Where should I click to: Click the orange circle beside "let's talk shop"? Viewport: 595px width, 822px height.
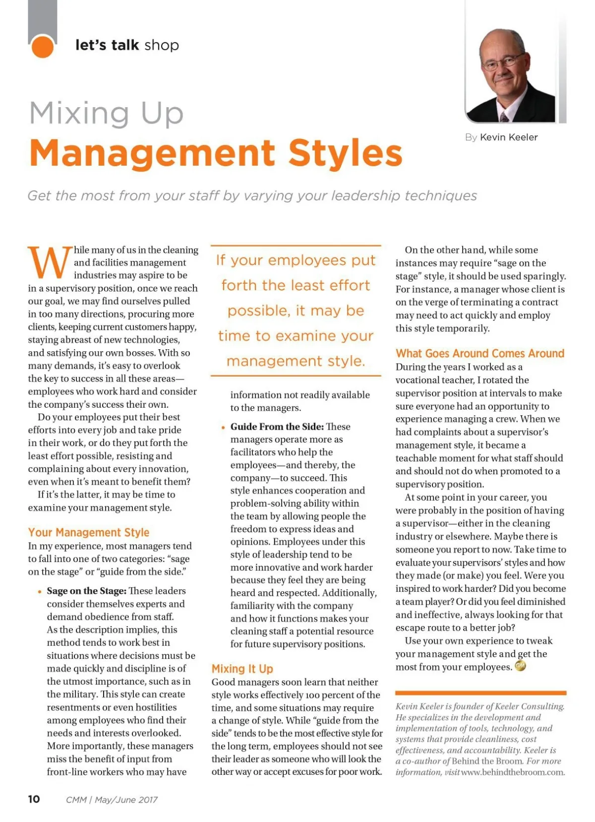click(42, 47)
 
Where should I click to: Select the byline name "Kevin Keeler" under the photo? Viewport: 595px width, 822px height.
click(509, 137)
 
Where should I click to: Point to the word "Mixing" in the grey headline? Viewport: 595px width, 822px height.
click(79, 113)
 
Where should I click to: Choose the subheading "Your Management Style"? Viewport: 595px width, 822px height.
click(89, 532)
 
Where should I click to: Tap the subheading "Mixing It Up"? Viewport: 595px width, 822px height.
click(242, 669)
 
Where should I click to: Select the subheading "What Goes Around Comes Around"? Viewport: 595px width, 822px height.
click(480, 353)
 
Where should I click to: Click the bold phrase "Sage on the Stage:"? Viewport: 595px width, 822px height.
click(87, 591)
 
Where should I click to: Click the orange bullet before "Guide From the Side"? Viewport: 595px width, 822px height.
click(224, 427)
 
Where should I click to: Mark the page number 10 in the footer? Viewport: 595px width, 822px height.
click(34, 799)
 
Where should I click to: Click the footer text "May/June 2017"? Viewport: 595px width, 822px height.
click(126, 800)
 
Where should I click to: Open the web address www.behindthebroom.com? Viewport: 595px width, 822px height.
click(513, 772)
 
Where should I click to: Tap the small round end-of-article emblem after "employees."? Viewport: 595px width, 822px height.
click(520, 666)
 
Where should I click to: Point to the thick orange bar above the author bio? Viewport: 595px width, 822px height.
click(480, 693)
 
